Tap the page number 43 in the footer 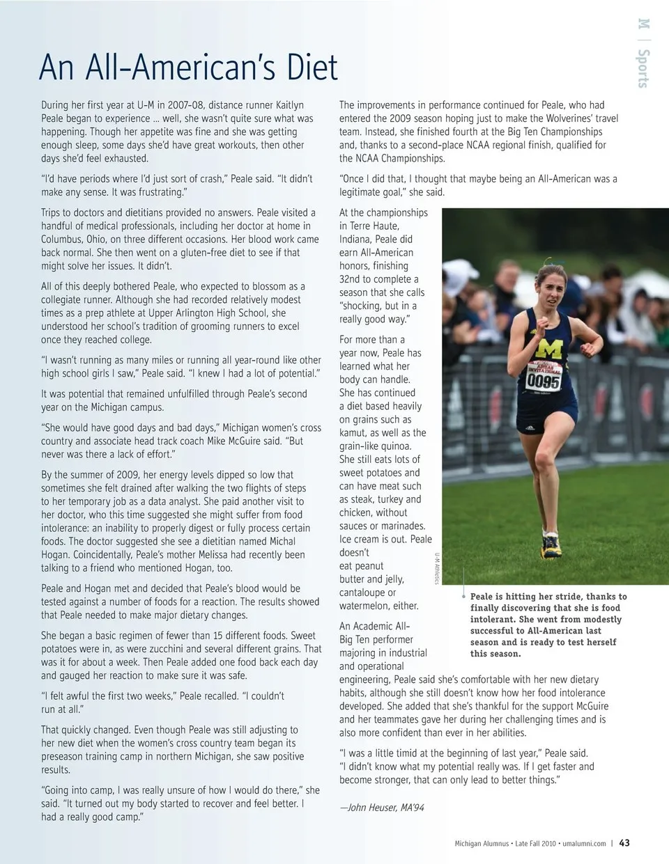coord(624,842)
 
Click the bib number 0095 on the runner coord(543,381)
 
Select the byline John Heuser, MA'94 coord(382,808)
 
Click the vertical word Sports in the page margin coord(643,68)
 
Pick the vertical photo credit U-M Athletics coord(438,567)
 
